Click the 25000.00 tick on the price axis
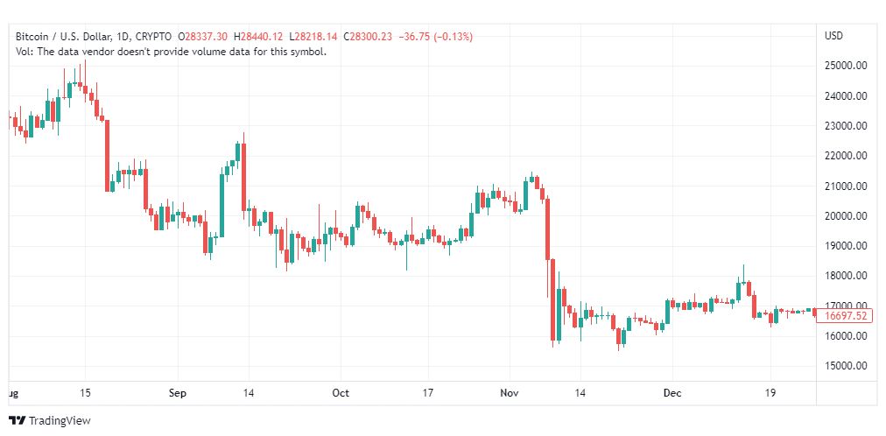pyautogui.click(x=846, y=66)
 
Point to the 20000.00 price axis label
pyautogui.click(x=846, y=216)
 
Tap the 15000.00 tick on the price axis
pyautogui.click(x=846, y=366)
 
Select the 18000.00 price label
pyautogui.click(x=846, y=276)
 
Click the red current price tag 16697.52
pyautogui.click(x=846, y=316)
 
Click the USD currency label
pyautogui.click(x=833, y=36)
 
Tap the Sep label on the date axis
pyautogui.click(x=178, y=393)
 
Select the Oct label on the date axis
pyautogui.click(x=341, y=393)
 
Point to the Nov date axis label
pyautogui.click(x=509, y=393)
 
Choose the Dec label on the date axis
pyautogui.click(x=672, y=393)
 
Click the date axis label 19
pyautogui.click(x=770, y=393)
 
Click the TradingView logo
pyautogui.click(x=50, y=421)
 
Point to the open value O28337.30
pyautogui.click(x=204, y=37)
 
